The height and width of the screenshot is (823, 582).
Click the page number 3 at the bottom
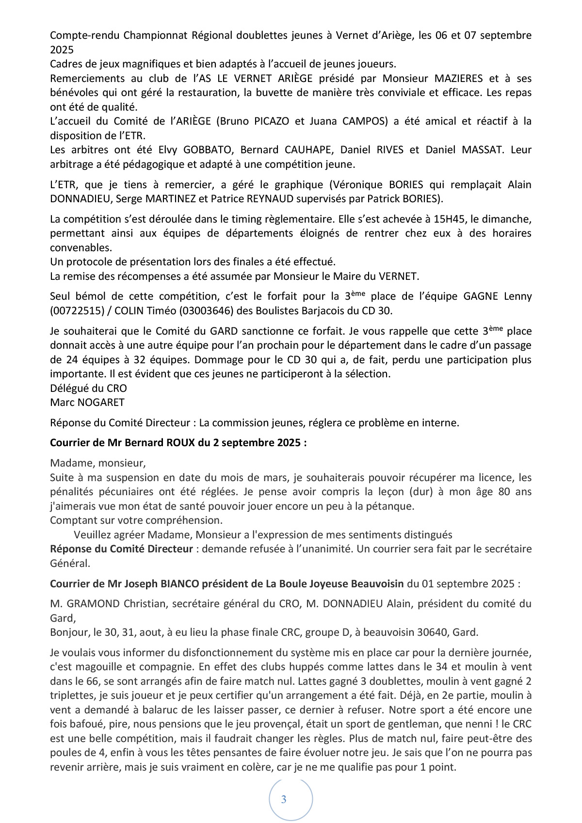[x=284, y=799]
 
